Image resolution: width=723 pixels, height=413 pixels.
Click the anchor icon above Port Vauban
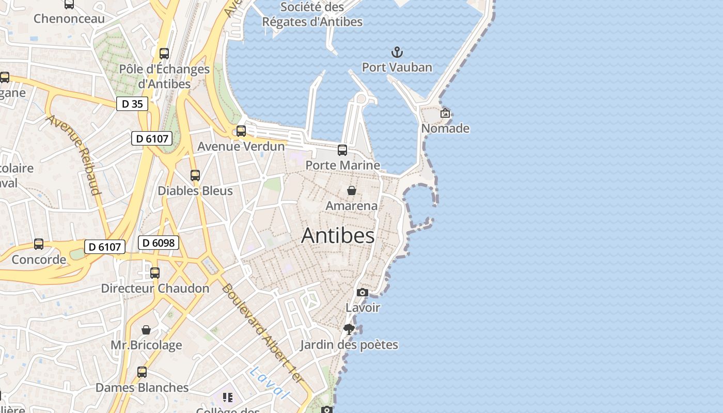point(397,52)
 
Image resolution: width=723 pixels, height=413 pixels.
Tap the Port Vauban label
point(397,67)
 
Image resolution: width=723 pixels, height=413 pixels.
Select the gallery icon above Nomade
point(445,113)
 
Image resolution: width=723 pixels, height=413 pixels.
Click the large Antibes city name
point(338,235)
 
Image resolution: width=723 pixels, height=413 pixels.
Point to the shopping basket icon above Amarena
point(352,190)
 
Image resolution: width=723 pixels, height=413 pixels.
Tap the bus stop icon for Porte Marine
point(342,150)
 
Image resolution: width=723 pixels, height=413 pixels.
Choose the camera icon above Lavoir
point(363,293)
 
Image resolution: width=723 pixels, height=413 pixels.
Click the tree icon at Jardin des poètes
point(349,329)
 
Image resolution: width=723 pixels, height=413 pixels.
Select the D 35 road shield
point(132,104)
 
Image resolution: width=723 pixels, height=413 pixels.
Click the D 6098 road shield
point(159,243)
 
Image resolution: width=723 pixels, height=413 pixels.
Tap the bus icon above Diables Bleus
point(195,176)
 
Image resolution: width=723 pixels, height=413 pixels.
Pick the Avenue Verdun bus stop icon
point(241,131)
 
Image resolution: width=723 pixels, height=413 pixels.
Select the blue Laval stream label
point(268,382)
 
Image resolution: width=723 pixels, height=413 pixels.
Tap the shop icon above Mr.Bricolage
point(146,330)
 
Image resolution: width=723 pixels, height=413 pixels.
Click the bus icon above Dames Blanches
point(142,372)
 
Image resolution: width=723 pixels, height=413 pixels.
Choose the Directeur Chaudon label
point(155,288)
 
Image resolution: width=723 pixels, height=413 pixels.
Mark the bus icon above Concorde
point(39,244)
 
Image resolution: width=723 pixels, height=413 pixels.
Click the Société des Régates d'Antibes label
point(312,14)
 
